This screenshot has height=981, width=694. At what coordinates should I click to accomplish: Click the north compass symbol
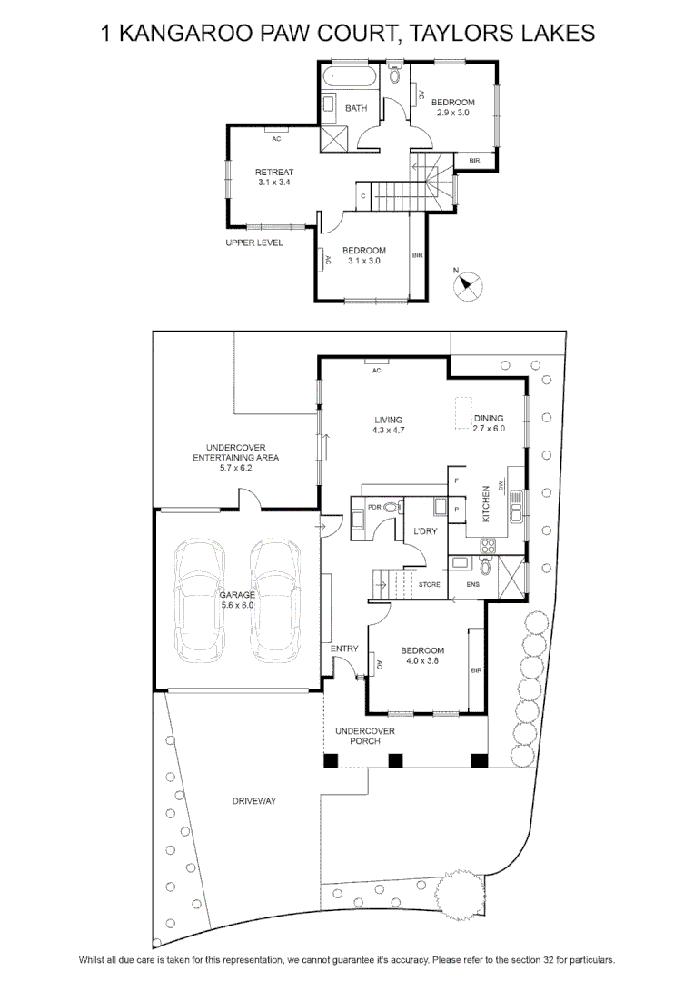click(468, 286)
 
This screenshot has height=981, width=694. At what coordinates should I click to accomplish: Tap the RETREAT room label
click(274, 172)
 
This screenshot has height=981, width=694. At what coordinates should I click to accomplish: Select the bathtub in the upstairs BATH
click(349, 78)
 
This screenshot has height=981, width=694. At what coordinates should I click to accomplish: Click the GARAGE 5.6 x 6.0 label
click(237, 600)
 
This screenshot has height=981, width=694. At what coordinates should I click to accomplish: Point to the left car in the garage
click(199, 600)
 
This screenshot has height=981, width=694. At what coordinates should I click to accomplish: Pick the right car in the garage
click(275, 600)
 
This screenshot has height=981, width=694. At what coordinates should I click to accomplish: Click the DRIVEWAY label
click(254, 801)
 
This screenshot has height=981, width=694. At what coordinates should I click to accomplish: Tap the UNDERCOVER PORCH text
click(365, 736)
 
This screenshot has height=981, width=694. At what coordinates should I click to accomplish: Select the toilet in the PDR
click(392, 508)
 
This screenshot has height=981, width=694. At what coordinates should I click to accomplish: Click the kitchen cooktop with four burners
click(488, 546)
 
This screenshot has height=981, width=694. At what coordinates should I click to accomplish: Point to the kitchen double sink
click(517, 506)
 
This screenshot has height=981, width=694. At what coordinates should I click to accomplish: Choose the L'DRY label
click(425, 531)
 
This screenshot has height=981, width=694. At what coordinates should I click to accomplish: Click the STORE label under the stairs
click(430, 584)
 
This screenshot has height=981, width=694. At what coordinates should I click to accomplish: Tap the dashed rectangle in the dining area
click(463, 413)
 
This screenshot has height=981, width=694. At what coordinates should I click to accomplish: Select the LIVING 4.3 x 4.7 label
click(389, 425)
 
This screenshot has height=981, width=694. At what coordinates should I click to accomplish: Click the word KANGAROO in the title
click(186, 33)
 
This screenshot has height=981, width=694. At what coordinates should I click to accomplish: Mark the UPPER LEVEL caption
click(254, 243)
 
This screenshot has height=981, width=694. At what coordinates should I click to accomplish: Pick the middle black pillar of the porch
click(395, 761)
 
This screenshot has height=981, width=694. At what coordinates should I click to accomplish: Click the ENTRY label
click(344, 649)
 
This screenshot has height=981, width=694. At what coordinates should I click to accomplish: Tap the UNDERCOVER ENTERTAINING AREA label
click(236, 457)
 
